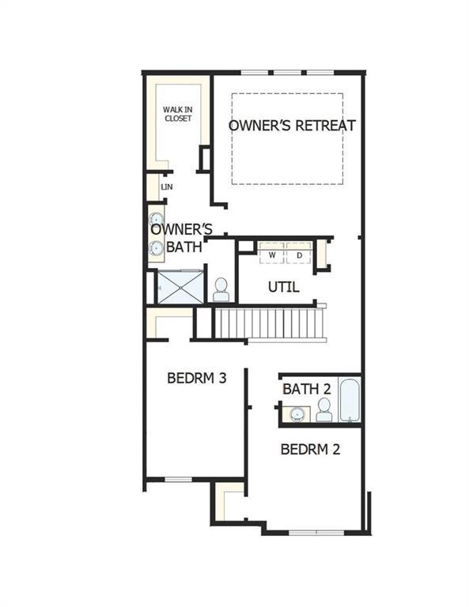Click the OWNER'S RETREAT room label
(292, 126)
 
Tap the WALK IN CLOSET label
(178, 114)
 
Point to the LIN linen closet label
(167, 187)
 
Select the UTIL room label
(283, 287)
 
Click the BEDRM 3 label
(197, 378)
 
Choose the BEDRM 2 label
(310, 450)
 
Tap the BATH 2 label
(307, 389)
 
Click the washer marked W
(272, 253)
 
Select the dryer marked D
(299, 253)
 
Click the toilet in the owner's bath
(221, 289)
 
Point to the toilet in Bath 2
(323, 410)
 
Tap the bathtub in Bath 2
(350, 400)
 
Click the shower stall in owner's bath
(180, 287)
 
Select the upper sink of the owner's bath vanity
(157, 220)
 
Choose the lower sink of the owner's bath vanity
(157, 247)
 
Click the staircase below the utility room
(269, 322)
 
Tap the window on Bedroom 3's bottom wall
(179, 480)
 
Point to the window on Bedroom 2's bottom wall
(316, 533)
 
